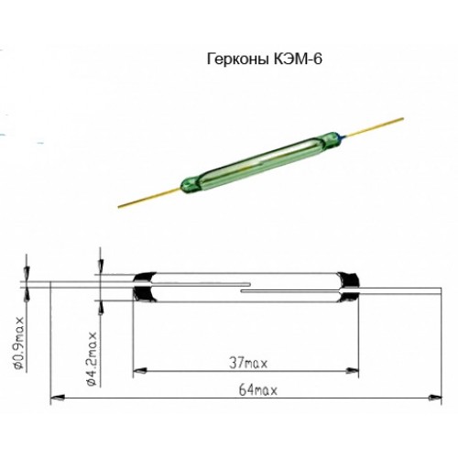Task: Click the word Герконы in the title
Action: click(x=237, y=60)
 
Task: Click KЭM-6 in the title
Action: click(x=297, y=59)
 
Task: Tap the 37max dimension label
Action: click(x=248, y=364)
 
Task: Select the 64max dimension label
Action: click(x=258, y=390)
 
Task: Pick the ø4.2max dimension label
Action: click(x=92, y=359)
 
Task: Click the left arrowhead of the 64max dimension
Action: click(x=57, y=398)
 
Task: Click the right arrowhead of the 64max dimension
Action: click(x=435, y=398)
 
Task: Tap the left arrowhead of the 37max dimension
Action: click(x=140, y=371)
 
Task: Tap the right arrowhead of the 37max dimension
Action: click(x=352, y=371)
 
